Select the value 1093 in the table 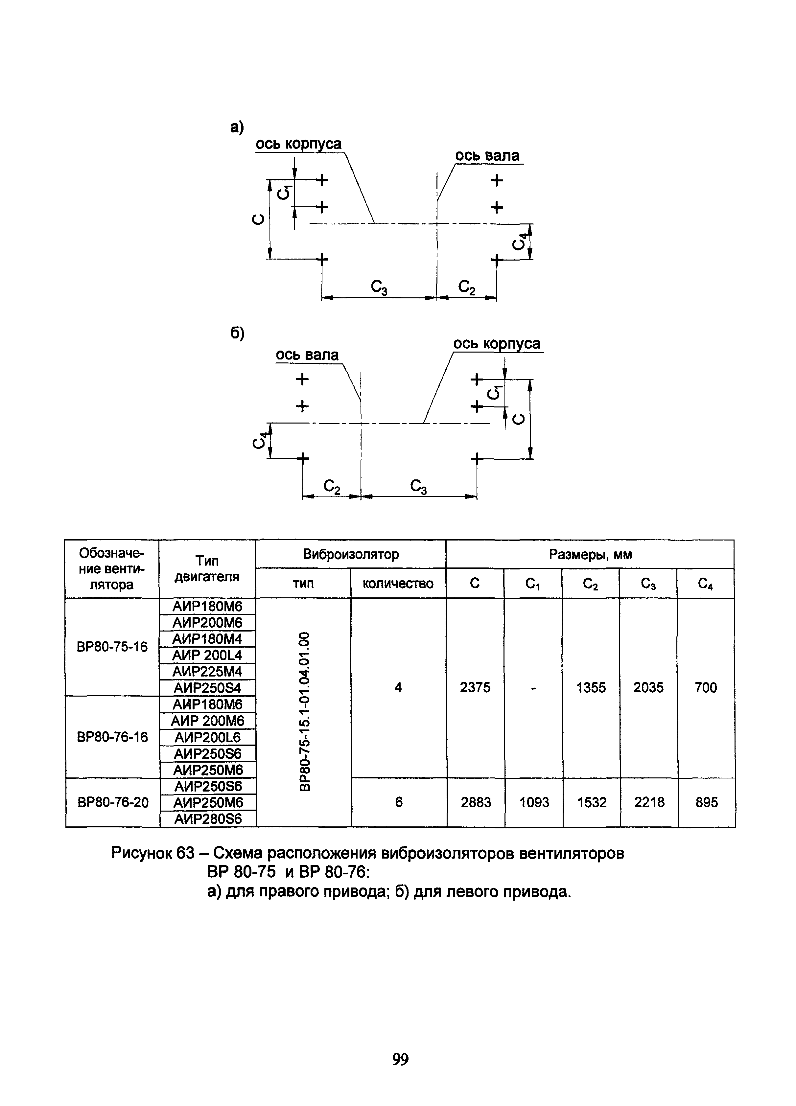coord(534,802)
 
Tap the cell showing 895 coord(706,802)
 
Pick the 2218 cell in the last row coord(649,802)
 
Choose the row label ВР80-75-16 coord(112,647)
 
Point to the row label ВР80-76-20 coord(113,802)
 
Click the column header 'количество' coord(398,583)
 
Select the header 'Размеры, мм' coord(590,554)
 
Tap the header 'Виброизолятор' coord(351,554)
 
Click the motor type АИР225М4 coord(208,672)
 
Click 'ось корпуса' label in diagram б coord(497,344)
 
